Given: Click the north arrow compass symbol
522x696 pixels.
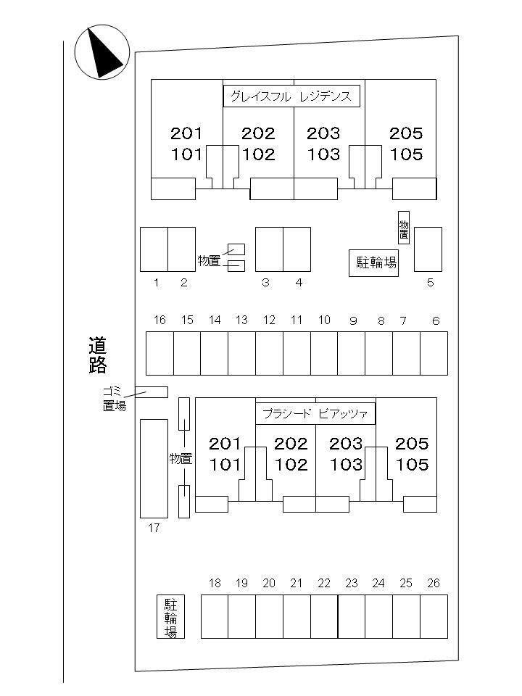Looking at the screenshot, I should tap(102, 51).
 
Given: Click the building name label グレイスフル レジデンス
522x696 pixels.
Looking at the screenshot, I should tap(291, 96).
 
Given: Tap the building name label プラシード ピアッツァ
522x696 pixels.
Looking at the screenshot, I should tap(315, 414).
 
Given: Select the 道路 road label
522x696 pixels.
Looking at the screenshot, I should tap(98, 355).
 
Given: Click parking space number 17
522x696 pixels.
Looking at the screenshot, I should tap(153, 468).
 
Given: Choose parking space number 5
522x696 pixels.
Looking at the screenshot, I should tap(428, 249).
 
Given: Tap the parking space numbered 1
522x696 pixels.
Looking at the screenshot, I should tap(154, 249).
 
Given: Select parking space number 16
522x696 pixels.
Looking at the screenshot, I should tap(160, 352).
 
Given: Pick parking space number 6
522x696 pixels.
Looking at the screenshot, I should tap(434, 352).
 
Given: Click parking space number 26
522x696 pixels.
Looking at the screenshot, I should tap(434, 616).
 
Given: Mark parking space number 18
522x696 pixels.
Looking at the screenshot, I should tap(215, 616).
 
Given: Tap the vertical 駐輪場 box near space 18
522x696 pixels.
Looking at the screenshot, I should tap(171, 616).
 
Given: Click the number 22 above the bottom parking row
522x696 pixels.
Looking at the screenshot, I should tap(324, 583).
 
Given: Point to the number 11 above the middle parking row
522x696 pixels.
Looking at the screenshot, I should tap(297, 320).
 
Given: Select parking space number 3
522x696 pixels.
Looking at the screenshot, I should tap(269, 249).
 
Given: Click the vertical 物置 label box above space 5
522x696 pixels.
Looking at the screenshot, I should tap(404, 227).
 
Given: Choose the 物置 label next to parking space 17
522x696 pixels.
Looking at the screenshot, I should tap(181, 458).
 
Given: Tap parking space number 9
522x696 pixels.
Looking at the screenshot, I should tap(351, 352).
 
